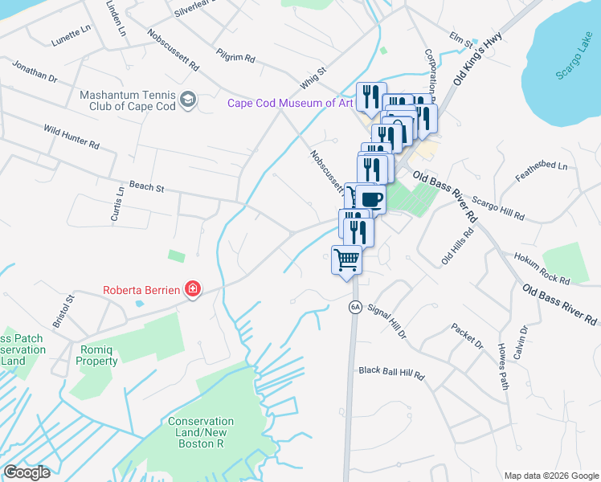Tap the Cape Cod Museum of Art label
[290, 103]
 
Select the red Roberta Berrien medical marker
[192, 288]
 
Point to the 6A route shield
[354, 307]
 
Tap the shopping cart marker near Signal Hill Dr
[346, 260]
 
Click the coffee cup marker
[370, 198]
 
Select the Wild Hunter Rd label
[71, 137]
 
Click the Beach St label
[146, 187]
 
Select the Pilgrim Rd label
[235, 55]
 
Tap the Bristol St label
[63, 310]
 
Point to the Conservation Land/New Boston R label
[201, 432]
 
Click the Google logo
[27, 472]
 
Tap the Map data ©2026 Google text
[550, 475]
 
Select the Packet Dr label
[467, 337]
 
